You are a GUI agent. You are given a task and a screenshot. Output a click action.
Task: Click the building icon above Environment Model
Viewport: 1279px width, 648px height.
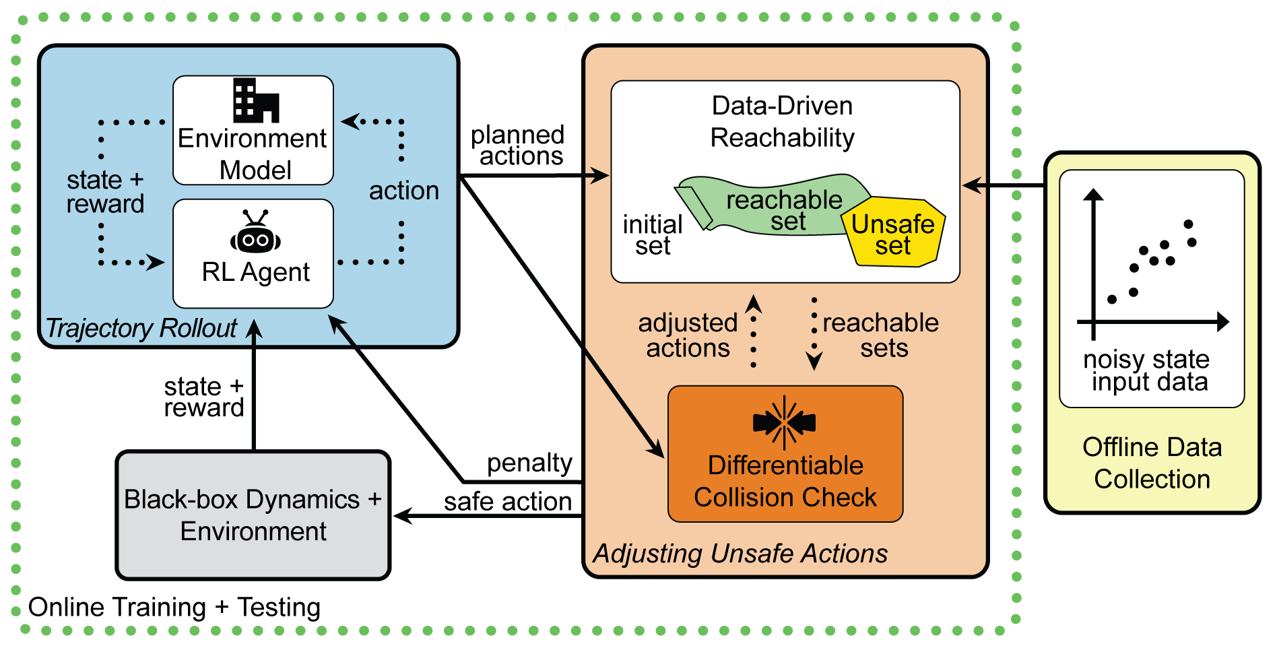(255, 100)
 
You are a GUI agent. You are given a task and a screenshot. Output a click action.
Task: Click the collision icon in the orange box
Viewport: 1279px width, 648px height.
(784, 422)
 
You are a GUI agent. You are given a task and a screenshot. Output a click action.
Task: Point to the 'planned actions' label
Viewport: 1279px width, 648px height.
(518, 145)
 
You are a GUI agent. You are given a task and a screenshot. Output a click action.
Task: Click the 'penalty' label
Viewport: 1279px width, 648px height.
(529, 463)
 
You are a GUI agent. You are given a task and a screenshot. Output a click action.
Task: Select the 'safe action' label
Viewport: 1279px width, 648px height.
(508, 502)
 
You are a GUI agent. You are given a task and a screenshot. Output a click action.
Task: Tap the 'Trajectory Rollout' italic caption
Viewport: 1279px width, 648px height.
(141, 328)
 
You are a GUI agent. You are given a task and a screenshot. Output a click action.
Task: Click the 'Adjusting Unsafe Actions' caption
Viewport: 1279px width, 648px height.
(740, 554)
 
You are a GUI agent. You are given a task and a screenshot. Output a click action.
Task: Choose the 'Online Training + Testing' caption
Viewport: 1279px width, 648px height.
(174, 608)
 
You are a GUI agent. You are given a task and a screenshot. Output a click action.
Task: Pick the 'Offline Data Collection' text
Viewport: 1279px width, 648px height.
(1152, 463)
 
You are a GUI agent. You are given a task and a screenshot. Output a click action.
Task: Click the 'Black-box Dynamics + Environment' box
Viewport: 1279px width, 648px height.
(253, 515)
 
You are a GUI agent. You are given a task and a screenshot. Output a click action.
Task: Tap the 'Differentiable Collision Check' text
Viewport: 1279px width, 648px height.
(785, 482)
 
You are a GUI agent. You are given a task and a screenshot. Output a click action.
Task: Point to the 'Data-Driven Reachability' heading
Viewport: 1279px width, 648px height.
(783, 122)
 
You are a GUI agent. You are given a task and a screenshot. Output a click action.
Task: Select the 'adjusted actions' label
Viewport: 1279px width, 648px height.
(688, 335)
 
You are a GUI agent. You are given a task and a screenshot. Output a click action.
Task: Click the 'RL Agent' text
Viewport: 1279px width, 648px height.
(255, 272)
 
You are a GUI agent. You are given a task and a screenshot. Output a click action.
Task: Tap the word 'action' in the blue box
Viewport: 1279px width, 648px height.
(403, 191)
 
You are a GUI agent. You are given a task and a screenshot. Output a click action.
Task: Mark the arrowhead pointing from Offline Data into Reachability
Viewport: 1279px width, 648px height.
(971, 185)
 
